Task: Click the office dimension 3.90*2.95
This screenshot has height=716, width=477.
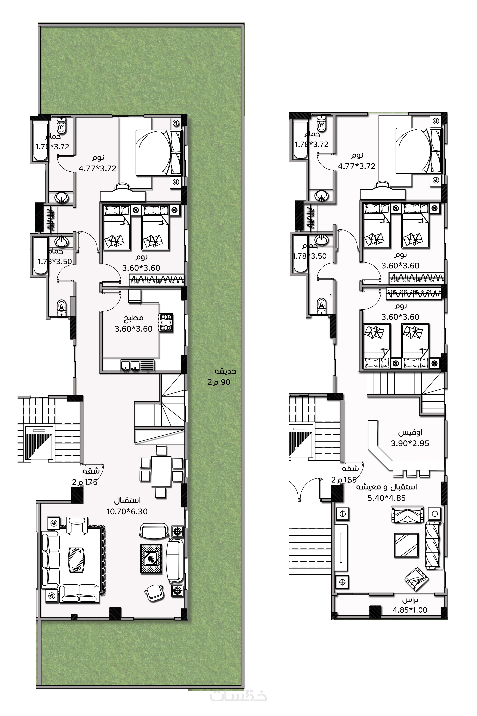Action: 410,443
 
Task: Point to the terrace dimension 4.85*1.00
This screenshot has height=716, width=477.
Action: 410,610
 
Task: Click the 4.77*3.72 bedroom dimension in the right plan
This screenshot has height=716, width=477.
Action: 357,166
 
